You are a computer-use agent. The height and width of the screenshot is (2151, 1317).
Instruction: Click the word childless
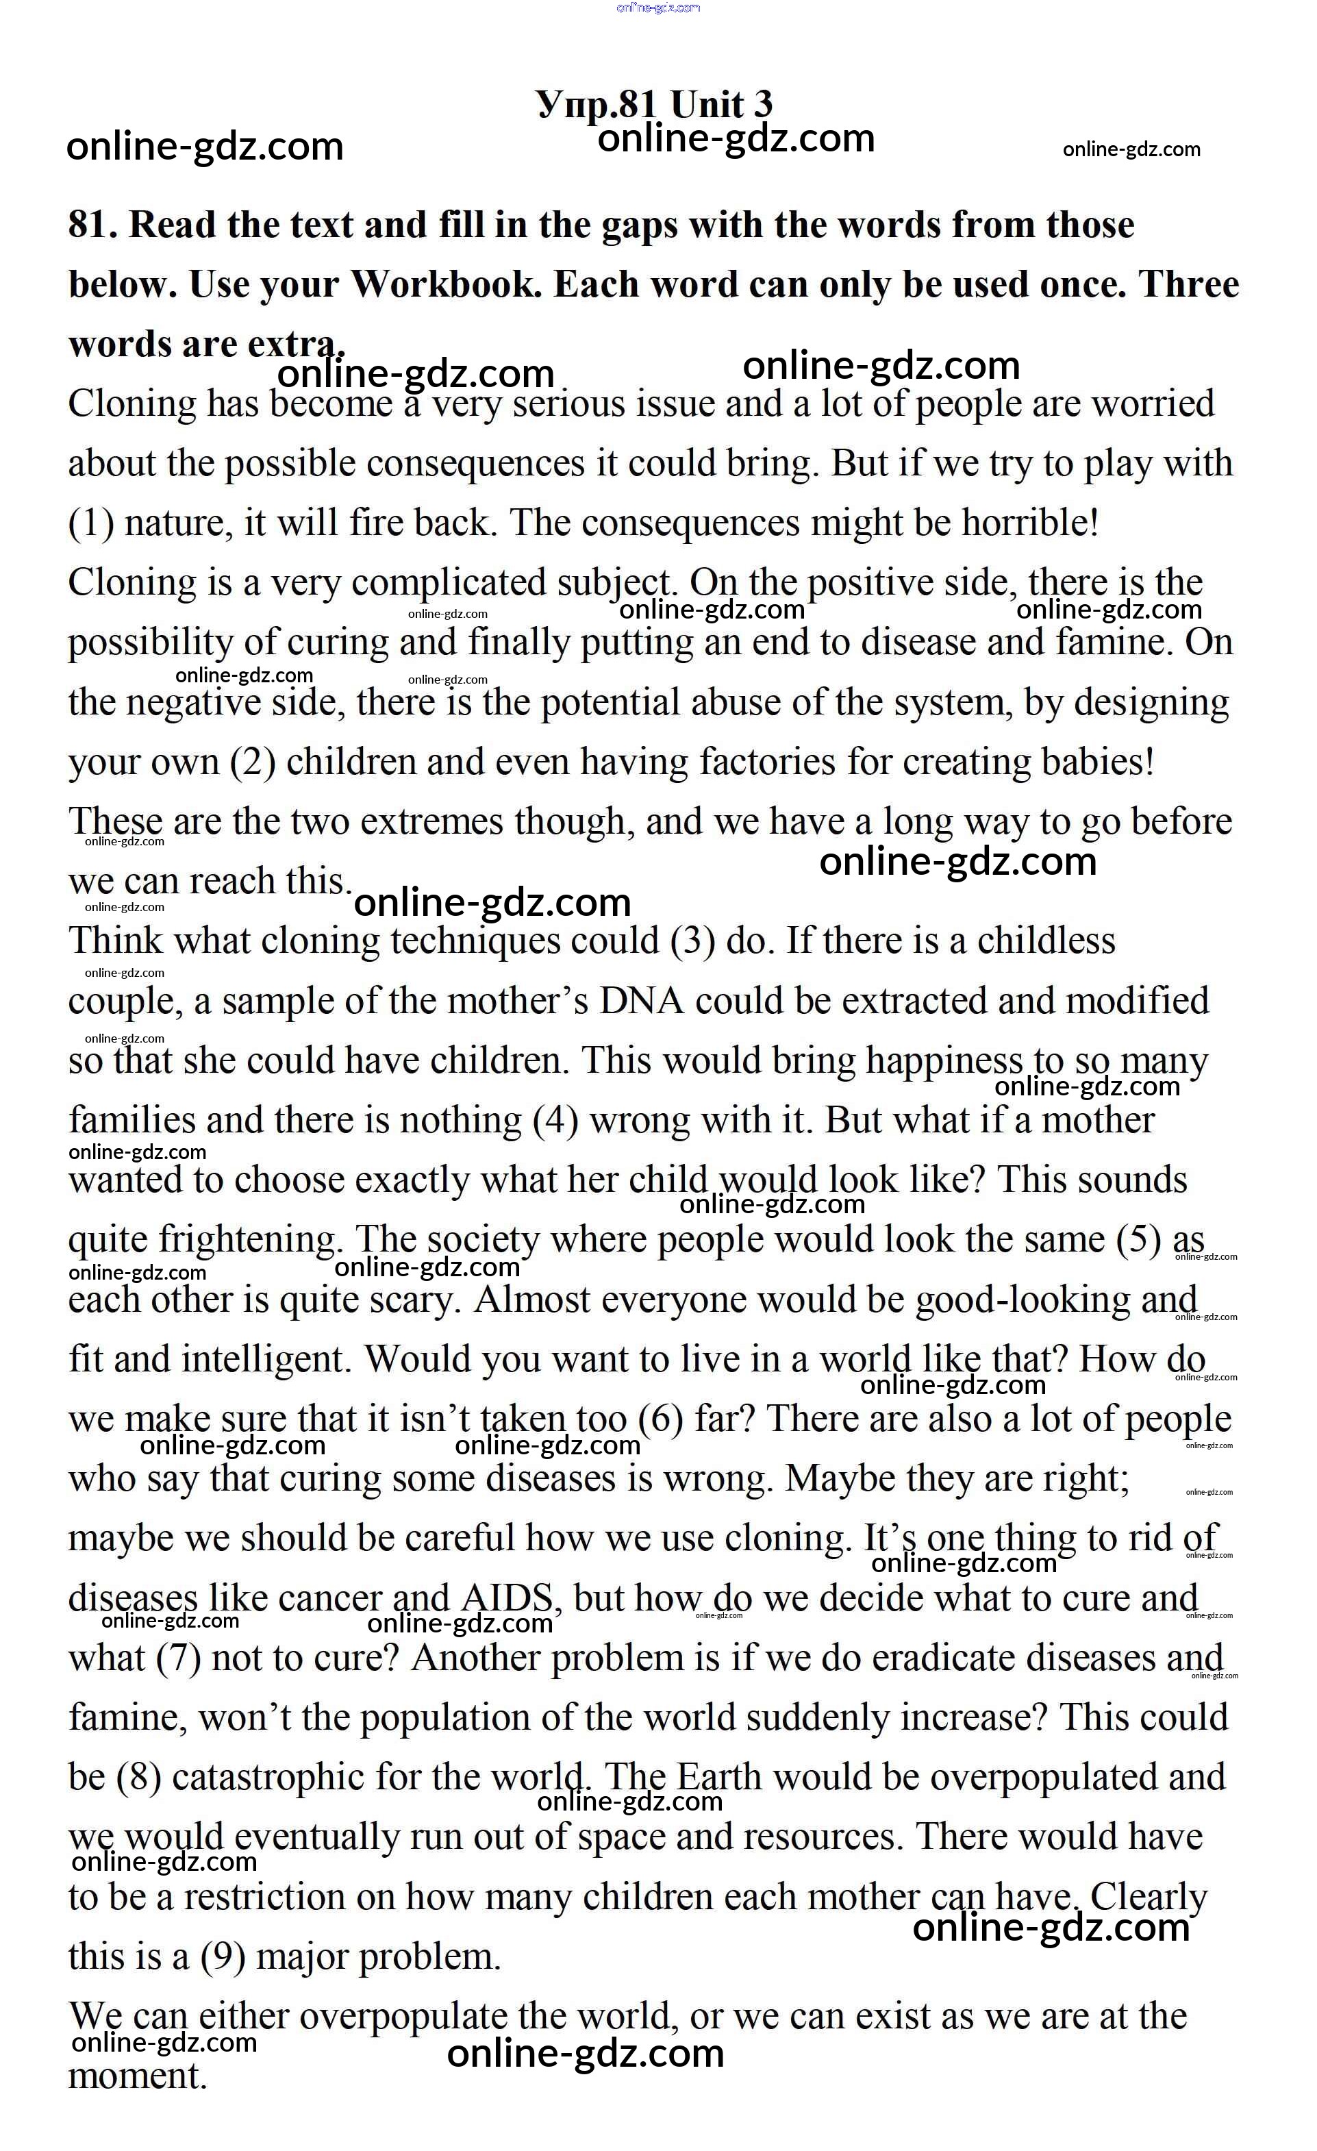tap(1046, 941)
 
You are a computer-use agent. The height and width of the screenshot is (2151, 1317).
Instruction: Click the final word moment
tap(137, 2076)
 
